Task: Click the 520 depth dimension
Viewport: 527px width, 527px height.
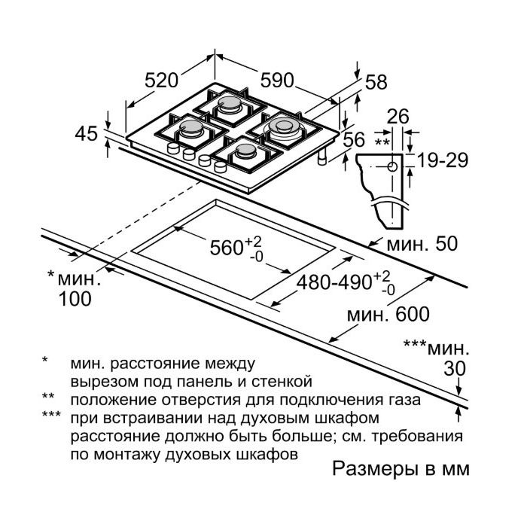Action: click(161, 81)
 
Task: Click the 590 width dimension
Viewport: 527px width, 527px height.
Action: click(278, 81)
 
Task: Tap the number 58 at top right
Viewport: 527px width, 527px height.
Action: click(376, 82)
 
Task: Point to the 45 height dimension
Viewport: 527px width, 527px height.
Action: click(86, 134)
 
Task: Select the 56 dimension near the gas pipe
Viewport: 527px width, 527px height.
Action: click(354, 139)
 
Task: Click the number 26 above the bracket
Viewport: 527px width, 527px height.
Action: click(398, 117)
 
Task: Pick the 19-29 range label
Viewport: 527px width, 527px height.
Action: click(443, 160)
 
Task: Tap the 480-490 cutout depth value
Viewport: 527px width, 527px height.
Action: click(334, 282)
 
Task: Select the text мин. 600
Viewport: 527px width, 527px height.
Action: click(388, 314)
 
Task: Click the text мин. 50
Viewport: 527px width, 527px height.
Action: click(422, 244)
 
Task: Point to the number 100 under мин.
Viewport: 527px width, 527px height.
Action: click(75, 298)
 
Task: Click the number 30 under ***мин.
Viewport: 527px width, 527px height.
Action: click(455, 368)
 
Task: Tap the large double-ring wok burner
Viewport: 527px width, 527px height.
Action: click(284, 128)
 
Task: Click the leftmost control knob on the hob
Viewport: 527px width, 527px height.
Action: click(173, 148)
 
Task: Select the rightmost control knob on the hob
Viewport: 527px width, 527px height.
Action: click(220, 166)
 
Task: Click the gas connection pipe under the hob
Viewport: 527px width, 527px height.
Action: click(323, 157)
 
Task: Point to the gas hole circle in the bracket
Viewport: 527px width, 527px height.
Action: click(392, 166)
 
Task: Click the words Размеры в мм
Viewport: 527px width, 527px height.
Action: click(401, 469)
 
